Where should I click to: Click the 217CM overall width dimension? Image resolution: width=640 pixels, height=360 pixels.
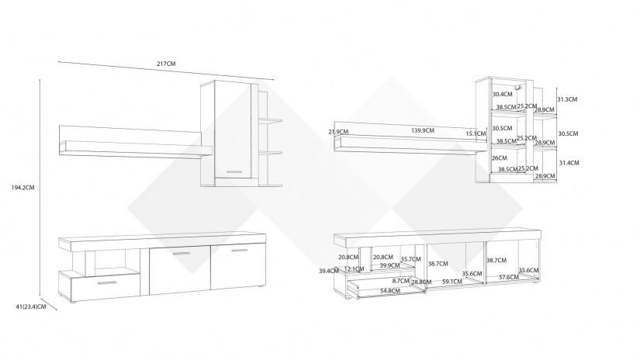(166, 64)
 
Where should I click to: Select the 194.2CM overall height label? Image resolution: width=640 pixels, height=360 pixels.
(22, 188)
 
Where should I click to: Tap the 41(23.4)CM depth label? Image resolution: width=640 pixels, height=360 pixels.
(31, 307)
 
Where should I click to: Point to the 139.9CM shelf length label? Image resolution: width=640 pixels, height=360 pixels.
(423, 130)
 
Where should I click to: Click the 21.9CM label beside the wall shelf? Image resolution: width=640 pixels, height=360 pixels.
(338, 132)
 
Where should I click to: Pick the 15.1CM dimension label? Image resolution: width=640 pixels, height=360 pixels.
(476, 133)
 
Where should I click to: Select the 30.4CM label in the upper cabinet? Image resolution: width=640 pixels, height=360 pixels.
(502, 95)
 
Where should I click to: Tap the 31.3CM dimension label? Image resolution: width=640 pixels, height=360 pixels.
(567, 99)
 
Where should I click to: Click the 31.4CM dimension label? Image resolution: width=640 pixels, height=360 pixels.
(569, 163)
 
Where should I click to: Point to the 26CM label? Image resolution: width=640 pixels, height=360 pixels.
(500, 158)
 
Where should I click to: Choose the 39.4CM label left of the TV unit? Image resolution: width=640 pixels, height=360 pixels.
(329, 271)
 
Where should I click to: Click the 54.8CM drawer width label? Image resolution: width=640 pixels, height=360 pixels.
(390, 291)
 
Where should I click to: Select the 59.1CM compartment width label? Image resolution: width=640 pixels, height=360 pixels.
(452, 282)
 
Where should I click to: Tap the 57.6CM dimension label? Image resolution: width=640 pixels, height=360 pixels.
(509, 277)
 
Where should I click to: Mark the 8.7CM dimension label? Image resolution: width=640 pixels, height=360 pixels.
(400, 281)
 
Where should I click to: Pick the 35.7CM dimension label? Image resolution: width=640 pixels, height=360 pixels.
(410, 259)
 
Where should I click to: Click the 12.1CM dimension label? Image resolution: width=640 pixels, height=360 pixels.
(354, 269)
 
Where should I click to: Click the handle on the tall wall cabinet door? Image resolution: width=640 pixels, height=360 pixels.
(234, 171)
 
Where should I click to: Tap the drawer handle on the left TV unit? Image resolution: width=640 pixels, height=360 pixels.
(107, 282)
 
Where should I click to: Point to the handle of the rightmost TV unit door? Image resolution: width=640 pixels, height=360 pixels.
(240, 250)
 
